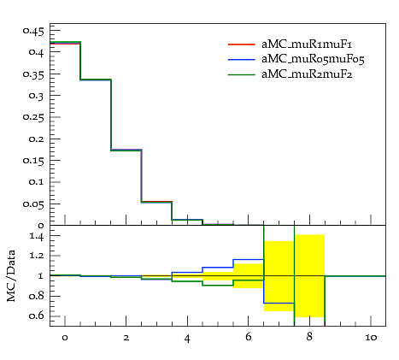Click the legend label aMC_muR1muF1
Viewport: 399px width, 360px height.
tap(307, 44)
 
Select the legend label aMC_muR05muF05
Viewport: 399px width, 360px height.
tap(313, 59)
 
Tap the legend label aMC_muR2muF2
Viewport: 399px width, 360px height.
tap(307, 74)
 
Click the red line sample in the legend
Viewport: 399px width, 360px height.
tap(242, 44)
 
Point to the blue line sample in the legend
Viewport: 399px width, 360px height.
tap(242, 59)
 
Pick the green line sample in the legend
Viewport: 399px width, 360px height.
tap(242, 74)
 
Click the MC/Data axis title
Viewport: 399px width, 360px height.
tap(11, 275)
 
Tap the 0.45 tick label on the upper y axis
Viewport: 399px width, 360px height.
tap(34, 31)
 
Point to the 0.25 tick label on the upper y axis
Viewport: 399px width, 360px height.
tap(34, 117)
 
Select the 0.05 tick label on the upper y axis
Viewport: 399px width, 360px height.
tap(34, 204)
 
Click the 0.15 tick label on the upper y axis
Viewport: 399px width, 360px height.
tap(34, 161)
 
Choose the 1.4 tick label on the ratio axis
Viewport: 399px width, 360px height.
tap(37, 236)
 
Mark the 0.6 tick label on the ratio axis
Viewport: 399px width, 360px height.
tap(37, 316)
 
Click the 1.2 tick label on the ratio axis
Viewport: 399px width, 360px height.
tap(37, 255)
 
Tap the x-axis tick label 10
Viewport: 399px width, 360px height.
tap(371, 338)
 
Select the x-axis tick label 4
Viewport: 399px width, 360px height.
tap(187, 339)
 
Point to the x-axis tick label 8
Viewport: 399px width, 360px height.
tap(309, 337)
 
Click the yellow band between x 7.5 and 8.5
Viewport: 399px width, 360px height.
tap(309, 276)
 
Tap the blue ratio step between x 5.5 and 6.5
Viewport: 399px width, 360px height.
tap(249, 259)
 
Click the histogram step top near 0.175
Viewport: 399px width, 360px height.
tap(126, 150)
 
